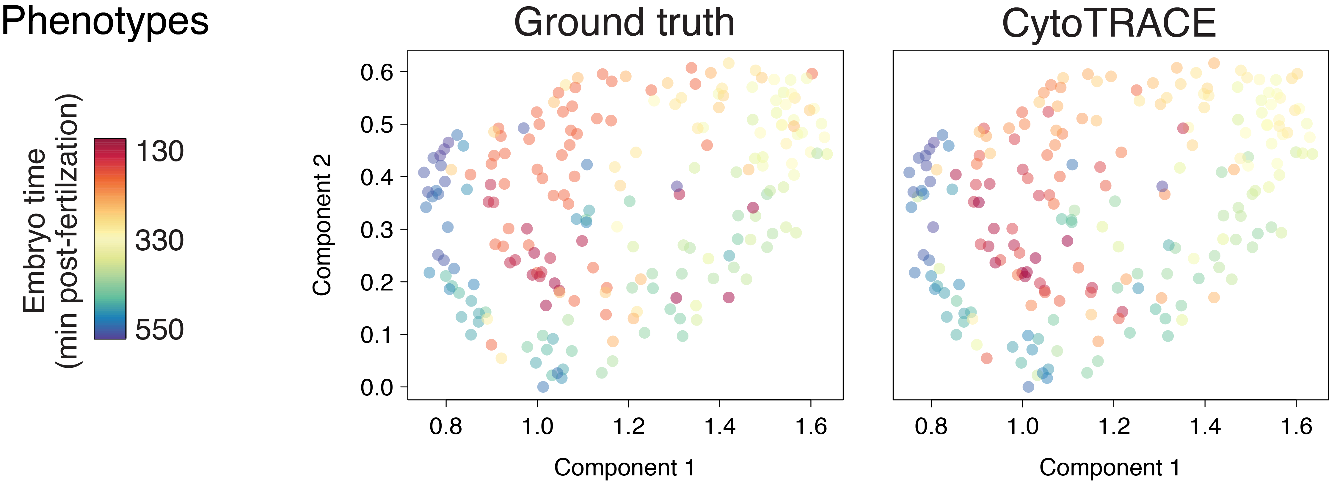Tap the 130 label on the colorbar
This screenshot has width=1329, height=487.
click(159, 151)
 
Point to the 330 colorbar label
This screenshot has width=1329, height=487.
click(159, 241)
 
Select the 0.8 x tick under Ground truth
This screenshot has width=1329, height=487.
click(446, 426)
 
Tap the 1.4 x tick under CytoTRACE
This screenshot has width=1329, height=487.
click(1205, 426)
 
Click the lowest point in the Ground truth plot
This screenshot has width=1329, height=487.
click(543, 387)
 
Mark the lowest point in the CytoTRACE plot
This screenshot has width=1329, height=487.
click(1028, 387)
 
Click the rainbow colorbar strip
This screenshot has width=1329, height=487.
click(110, 239)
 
